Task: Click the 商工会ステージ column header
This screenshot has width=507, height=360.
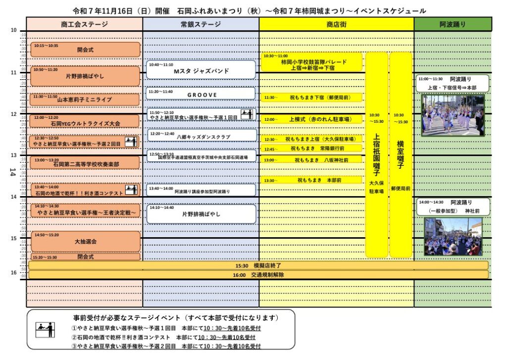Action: pyautogui.click(x=84, y=24)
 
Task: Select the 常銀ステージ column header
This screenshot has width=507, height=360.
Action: pyautogui.click(x=201, y=24)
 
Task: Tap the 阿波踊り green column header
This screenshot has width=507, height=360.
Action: pyautogui.click(x=453, y=24)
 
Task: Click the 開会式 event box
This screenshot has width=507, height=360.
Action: pyautogui.click(x=85, y=50)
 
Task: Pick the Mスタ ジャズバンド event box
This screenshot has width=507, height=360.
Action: pyautogui.click(x=201, y=70)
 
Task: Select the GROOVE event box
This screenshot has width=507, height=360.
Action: pyautogui.click(x=201, y=94)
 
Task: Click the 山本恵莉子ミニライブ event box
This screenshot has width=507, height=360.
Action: pyautogui.click(x=85, y=99)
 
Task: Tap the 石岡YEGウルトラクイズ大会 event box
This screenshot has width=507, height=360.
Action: pyautogui.click(x=85, y=121)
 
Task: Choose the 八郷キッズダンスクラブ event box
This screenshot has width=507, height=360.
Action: pyautogui.click(x=201, y=135)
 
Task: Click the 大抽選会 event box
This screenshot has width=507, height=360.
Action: pyautogui.click(x=85, y=241)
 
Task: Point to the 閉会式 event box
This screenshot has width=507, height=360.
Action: pyautogui.click(x=85, y=257)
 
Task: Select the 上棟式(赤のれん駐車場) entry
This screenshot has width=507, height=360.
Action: pyautogui.click(x=312, y=119)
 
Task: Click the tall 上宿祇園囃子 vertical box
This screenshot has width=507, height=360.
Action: pyautogui.click(x=376, y=154)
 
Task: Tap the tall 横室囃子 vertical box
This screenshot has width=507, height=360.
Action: pyautogui.click(x=401, y=154)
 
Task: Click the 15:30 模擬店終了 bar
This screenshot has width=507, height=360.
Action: pyautogui.click(x=258, y=265)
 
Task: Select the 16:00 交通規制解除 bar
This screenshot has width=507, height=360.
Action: pyautogui.click(x=258, y=275)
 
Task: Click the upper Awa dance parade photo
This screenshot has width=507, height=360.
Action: pyautogui.click(x=453, y=115)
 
